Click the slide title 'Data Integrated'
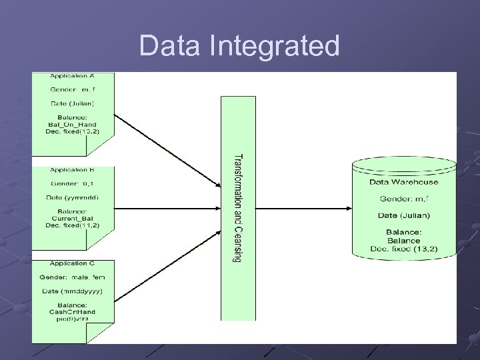239,46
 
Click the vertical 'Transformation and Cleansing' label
237,208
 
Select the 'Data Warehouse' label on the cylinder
404,181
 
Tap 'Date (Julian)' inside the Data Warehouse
404,215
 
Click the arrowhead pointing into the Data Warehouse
348,208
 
